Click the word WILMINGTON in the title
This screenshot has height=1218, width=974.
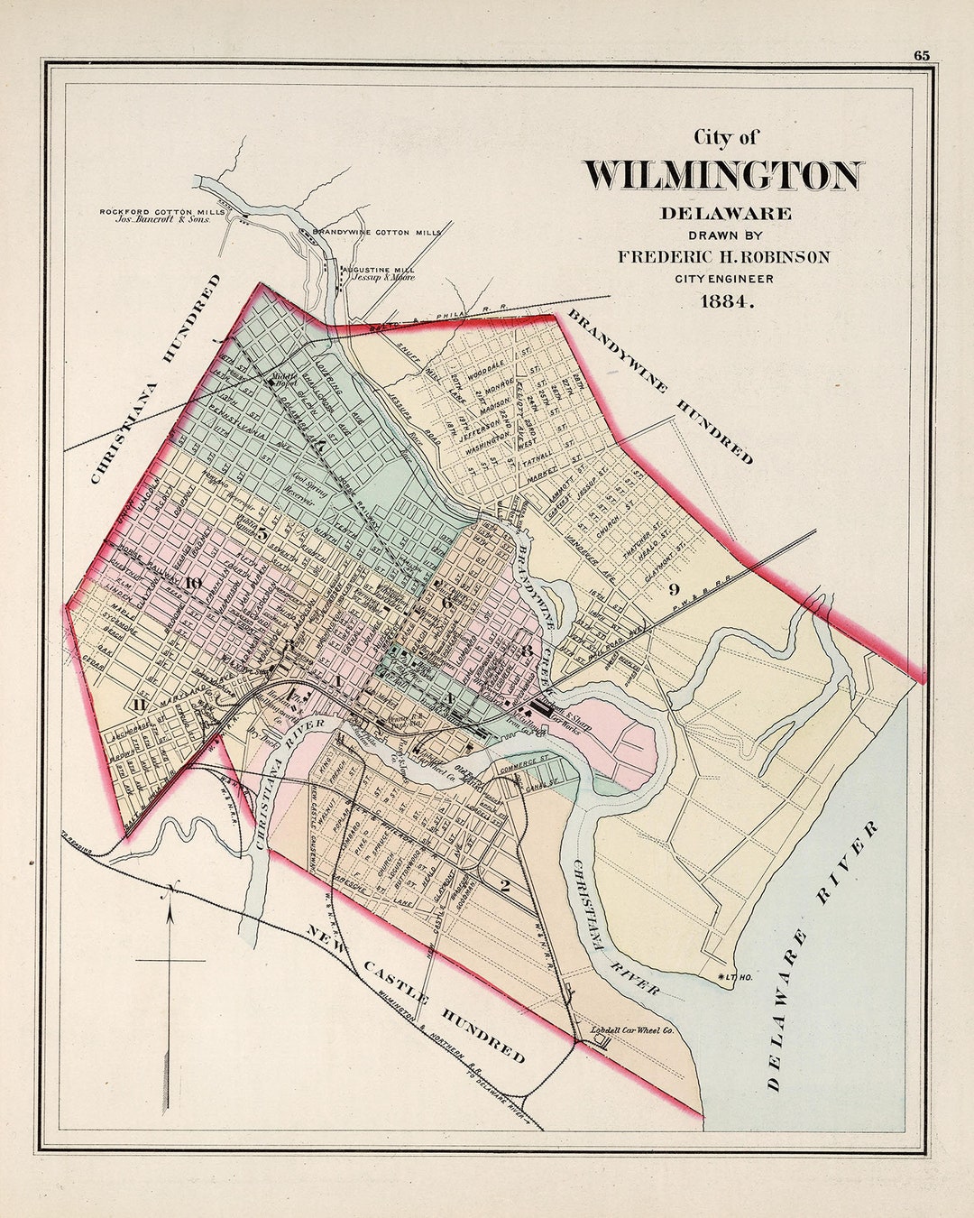click(x=723, y=175)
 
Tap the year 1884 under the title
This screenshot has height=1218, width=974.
click(x=726, y=302)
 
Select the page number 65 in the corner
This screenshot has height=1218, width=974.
click(x=921, y=56)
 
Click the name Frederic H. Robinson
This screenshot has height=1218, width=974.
click(x=723, y=257)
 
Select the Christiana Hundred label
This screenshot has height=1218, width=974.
click(x=155, y=379)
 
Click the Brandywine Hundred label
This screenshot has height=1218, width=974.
click(x=660, y=386)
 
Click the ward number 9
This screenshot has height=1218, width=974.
click(x=673, y=590)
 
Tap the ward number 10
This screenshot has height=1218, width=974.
click(x=193, y=582)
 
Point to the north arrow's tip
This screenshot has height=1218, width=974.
click(x=170, y=889)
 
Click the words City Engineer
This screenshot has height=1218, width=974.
click(x=723, y=279)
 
